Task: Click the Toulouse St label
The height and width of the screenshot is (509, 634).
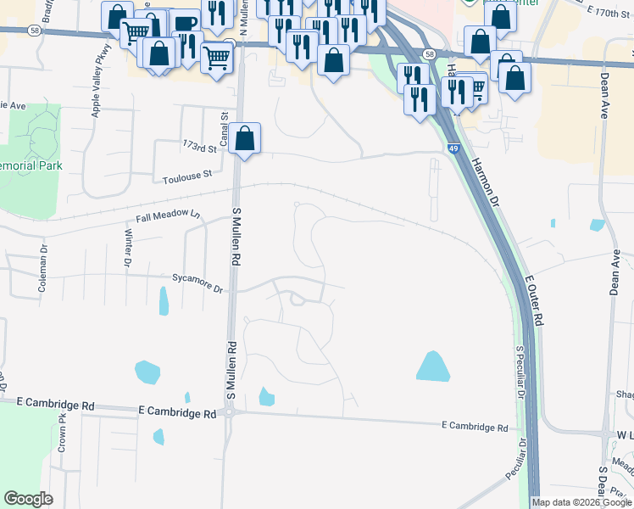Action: click(186, 176)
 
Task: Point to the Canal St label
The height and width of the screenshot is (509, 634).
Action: click(225, 131)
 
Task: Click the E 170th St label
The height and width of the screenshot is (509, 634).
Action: click(609, 14)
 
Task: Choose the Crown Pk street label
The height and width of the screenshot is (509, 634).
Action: click(62, 431)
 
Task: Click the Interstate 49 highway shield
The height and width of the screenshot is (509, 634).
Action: click(455, 148)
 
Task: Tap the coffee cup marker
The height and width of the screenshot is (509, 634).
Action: click(185, 23)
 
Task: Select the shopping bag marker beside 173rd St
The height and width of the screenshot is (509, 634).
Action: click(244, 138)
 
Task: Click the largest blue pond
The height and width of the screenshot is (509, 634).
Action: click(433, 366)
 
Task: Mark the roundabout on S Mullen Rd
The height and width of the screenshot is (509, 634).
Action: click(230, 413)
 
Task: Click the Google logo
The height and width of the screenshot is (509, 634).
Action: click(27, 499)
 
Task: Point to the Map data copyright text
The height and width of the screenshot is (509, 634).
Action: click(581, 502)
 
